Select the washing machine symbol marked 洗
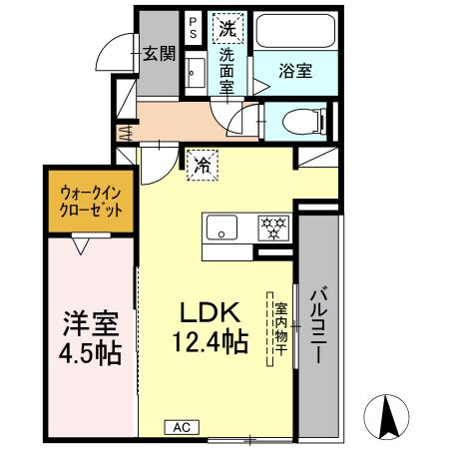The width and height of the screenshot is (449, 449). (228, 29)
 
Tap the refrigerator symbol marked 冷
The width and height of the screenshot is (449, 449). (200, 160)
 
